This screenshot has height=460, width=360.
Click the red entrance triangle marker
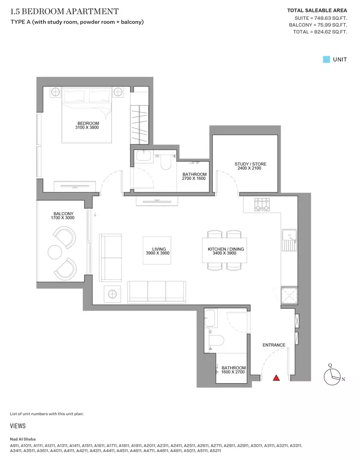(x=276, y=378)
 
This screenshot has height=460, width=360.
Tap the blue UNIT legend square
(x=326, y=59)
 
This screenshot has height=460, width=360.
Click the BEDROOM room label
(x=88, y=123)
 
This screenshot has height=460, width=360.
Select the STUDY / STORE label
(x=250, y=164)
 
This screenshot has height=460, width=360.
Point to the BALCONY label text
(x=64, y=213)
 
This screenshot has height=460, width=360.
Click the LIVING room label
(x=159, y=249)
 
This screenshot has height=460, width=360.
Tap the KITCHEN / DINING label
(x=226, y=249)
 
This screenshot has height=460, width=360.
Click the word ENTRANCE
(x=274, y=345)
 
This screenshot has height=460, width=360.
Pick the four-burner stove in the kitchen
(x=262, y=205)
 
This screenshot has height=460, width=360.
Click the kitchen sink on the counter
(x=290, y=240)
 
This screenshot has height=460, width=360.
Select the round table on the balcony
(x=55, y=252)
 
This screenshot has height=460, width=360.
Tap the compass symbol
(x=332, y=377)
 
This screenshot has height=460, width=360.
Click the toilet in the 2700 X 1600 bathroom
(x=166, y=162)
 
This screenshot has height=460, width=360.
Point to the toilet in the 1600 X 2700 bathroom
(x=216, y=340)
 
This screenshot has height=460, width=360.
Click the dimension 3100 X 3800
(x=87, y=127)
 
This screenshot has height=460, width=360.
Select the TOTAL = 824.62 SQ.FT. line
(x=320, y=32)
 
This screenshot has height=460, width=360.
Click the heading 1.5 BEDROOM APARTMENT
(x=64, y=11)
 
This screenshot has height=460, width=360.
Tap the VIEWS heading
(x=17, y=425)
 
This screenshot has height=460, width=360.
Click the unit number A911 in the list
(x=14, y=445)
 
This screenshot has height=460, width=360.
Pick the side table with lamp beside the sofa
(x=112, y=293)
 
